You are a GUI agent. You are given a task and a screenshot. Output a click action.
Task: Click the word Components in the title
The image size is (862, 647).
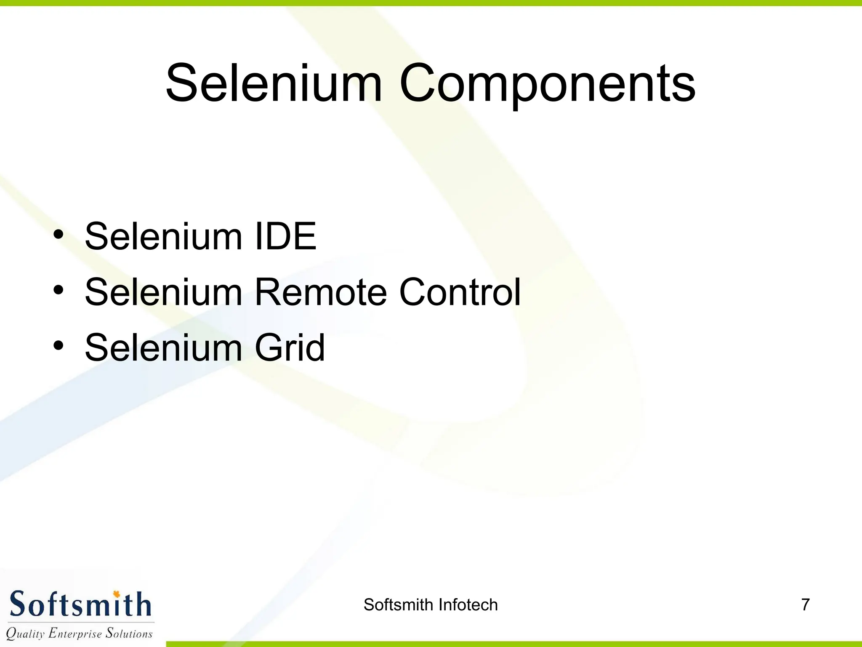click(x=547, y=84)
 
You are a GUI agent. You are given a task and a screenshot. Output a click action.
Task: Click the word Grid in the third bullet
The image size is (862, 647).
click(x=290, y=348)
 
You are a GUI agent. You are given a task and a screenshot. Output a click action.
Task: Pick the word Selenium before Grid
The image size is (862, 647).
click(x=164, y=348)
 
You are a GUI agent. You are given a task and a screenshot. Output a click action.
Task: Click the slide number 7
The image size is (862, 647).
click(x=805, y=605)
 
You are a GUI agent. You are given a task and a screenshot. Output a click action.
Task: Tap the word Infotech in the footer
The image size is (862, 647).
click(x=468, y=605)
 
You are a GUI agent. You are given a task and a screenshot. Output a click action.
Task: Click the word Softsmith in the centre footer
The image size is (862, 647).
click(x=399, y=605)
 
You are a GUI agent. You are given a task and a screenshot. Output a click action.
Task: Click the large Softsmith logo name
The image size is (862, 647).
click(x=80, y=604)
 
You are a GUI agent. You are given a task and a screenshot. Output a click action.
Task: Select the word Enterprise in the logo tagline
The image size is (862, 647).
click(x=75, y=634)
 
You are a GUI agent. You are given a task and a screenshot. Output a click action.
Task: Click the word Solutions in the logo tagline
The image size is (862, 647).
click(x=129, y=633)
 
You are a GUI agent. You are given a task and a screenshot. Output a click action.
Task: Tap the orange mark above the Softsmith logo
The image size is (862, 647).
click(x=117, y=594)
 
